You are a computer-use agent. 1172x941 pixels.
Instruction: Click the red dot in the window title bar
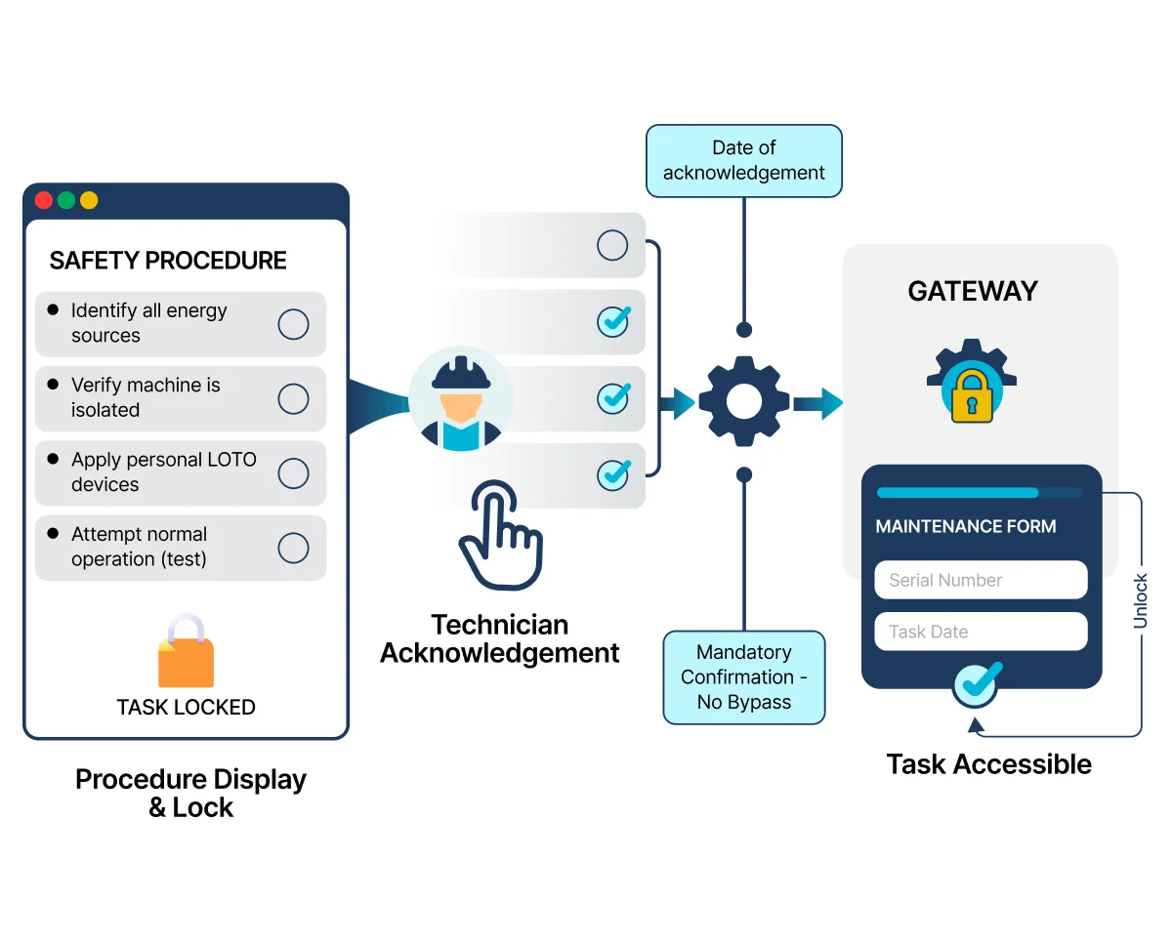(44, 200)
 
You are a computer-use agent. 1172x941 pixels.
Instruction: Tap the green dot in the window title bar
(66, 200)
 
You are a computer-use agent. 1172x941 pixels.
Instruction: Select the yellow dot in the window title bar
(89, 200)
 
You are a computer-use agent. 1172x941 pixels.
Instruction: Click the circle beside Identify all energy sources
(294, 325)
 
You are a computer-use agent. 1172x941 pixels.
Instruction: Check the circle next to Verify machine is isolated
(294, 399)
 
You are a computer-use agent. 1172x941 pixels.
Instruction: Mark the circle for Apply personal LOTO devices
(294, 473)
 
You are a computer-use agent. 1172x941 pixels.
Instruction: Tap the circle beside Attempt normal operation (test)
(294, 548)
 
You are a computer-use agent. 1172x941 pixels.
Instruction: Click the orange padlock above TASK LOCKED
(187, 651)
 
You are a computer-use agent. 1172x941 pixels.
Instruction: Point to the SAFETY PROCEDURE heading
(168, 261)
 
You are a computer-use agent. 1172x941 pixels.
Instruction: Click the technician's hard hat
(461, 373)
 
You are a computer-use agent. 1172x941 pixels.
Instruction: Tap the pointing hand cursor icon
(502, 535)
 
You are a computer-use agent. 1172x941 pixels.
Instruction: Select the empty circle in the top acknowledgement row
(612, 245)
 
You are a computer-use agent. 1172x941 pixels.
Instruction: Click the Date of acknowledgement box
(744, 161)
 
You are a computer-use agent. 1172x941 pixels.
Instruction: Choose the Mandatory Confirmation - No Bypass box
(744, 677)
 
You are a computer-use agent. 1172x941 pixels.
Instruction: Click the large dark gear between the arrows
(744, 401)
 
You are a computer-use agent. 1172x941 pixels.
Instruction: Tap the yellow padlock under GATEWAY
(972, 396)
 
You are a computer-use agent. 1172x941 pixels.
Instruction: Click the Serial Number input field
(982, 580)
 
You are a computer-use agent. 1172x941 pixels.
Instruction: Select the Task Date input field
(982, 632)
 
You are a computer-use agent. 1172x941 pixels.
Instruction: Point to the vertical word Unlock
(1141, 601)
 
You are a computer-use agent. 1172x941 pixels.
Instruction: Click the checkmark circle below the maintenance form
(976, 685)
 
